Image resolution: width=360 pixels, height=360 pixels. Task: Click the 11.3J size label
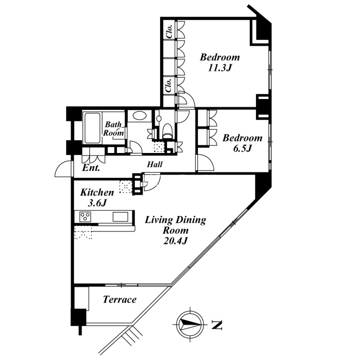click(220, 68)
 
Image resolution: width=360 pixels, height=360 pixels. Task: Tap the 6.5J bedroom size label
click(243, 148)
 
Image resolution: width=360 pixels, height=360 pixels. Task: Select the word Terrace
click(120, 299)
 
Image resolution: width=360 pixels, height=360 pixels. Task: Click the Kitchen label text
click(97, 193)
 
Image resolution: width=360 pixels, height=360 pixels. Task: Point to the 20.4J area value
click(175, 241)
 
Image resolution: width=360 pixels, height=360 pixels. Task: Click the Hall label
click(155, 164)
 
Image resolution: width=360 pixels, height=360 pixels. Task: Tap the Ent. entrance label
click(91, 168)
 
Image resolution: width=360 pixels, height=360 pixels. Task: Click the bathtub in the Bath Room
click(92, 128)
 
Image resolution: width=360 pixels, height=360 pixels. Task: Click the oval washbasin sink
click(139, 116)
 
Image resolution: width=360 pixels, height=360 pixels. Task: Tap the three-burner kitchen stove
click(85, 216)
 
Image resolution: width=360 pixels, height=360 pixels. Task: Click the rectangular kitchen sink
click(120, 217)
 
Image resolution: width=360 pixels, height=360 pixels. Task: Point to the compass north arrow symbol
click(190, 324)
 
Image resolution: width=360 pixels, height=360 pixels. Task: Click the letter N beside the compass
click(216, 325)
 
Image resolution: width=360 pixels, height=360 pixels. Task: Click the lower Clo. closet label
click(169, 85)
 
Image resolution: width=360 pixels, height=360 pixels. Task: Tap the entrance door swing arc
click(63, 168)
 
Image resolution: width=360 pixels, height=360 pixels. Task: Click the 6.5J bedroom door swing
click(206, 163)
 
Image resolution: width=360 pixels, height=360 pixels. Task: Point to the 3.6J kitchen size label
click(97, 203)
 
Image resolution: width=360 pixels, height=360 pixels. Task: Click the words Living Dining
click(175, 220)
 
